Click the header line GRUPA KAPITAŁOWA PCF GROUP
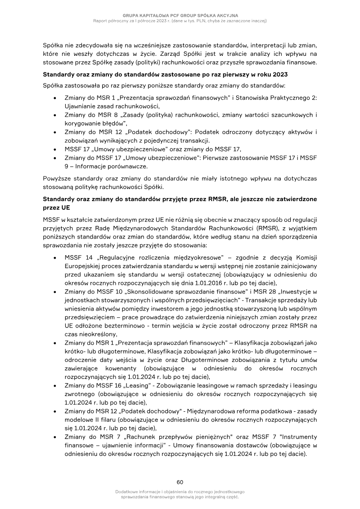(180, 15)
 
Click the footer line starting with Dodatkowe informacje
(180, 492)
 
